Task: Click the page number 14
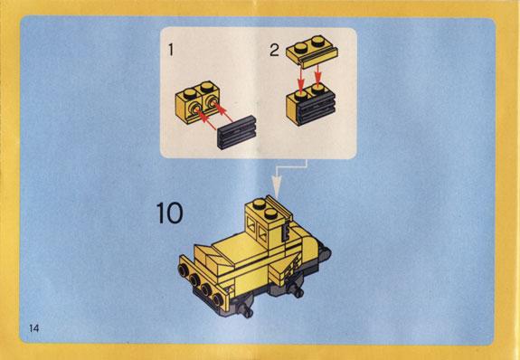(x=34, y=328)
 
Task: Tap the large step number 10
(x=169, y=213)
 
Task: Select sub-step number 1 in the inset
(x=171, y=50)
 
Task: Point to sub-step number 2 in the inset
(x=274, y=50)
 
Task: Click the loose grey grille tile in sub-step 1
(x=237, y=133)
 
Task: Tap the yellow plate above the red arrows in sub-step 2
(x=312, y=52)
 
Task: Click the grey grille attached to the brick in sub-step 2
(x=317, y=108)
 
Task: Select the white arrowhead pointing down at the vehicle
(x=277, y=186)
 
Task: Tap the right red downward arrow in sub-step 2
(x=317, y=75)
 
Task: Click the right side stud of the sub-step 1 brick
(x=212, y=102)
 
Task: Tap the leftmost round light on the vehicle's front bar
(x=183, y=270)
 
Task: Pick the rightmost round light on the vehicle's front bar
(x=218, y=299)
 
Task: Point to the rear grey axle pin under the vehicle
(x=297, y=290)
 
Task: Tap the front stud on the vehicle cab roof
(x=270, y=213)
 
